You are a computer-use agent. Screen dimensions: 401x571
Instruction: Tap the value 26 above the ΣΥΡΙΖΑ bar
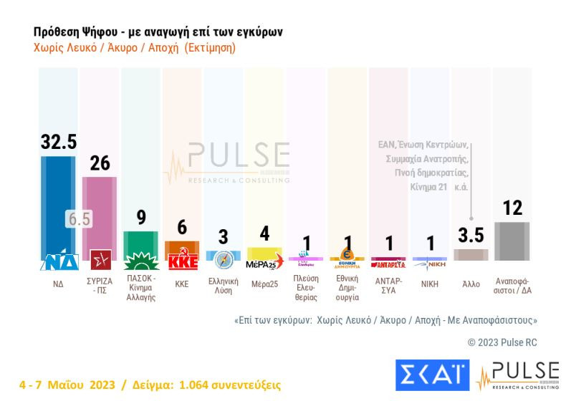100,163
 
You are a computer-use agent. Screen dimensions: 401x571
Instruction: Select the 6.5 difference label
79,219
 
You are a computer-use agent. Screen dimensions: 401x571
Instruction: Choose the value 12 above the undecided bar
512,208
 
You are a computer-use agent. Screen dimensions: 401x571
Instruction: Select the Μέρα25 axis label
265,284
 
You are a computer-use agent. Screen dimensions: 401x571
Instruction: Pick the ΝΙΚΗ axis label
431,284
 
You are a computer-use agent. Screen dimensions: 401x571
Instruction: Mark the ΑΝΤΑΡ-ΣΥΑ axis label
389,286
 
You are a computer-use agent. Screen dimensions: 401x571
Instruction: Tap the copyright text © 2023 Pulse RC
502,342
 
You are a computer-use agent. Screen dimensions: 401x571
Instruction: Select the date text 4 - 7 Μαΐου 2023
69,385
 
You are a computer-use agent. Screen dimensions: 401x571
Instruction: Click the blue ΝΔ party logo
59,261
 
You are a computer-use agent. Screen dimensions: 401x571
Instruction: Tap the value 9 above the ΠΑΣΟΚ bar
141,217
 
